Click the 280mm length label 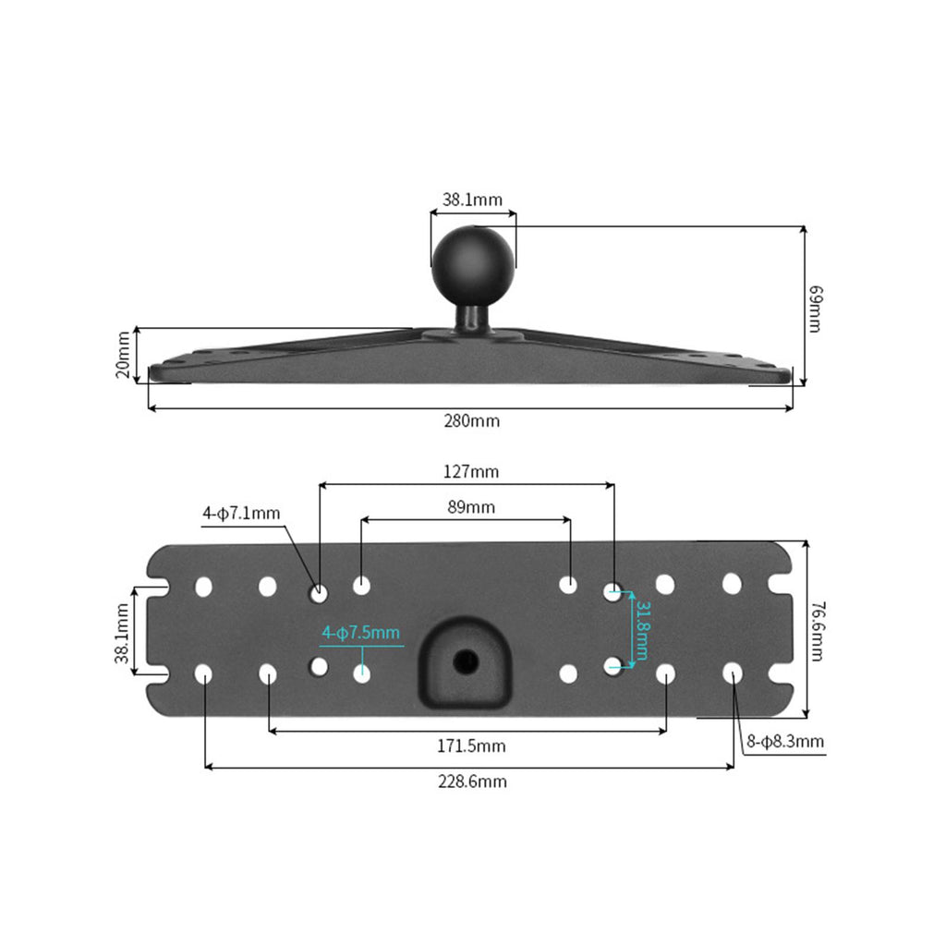[472, 420]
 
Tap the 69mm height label [815, 309]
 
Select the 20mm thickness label [123, 355]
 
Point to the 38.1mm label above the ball [472, 200]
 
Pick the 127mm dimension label [471, 471]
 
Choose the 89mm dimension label [471, 507]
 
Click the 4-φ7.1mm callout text [241, 514]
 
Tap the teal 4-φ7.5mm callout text [361, 632]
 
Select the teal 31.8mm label [642, 630]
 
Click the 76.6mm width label [818, 630]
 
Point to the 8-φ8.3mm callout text [785, 741]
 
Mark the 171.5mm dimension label [471, 746]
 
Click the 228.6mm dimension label [472, 782]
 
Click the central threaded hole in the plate [466, 662]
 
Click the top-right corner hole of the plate [732, 584]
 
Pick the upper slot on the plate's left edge [157, 586]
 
